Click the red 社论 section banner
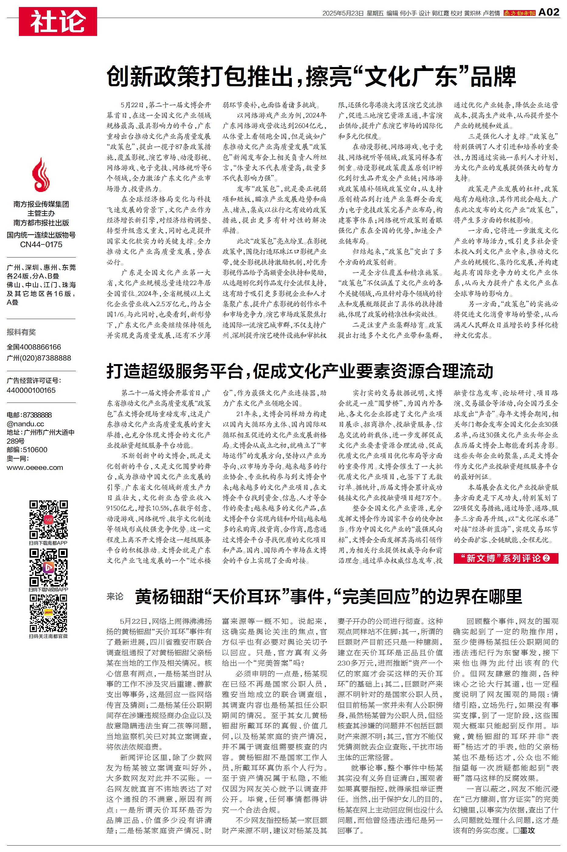coord(58,21)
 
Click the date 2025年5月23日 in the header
coord(343,13)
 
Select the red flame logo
coord(41,175)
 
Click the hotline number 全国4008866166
coord(34,347)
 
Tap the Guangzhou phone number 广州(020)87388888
coord(39,358)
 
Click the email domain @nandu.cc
coord(25,424)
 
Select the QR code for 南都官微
coord(48,613)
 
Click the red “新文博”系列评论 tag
coord(506,558)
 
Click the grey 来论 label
coord(115,596)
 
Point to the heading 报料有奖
coord(21,332)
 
